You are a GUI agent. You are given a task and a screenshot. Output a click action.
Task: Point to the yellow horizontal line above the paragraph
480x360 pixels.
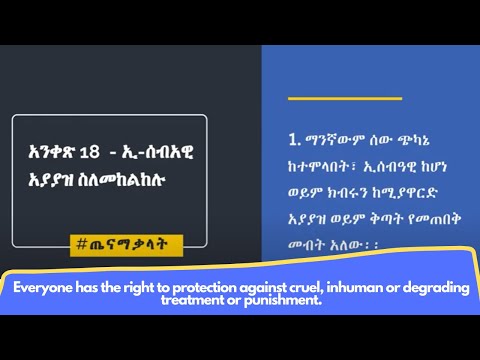[x=330, y=98]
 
